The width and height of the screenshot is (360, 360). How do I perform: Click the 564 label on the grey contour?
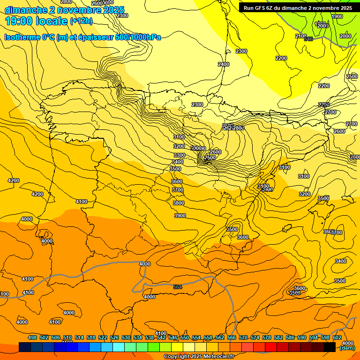(x=178, y=287)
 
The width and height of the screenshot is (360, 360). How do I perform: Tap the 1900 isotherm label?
(x=337, y=16)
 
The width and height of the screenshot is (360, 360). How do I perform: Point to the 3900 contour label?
(x=180, y=216)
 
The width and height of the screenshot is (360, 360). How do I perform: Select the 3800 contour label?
(x=179, y=203)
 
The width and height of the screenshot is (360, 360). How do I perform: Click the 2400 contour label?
(x=224, y=64)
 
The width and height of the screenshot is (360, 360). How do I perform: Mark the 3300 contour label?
(x=179, y=155)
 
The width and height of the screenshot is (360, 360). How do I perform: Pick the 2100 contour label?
(x=300, y=36)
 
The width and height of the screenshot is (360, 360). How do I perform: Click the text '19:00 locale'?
(x=36, y=21)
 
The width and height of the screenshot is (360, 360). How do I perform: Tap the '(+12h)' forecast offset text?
(x=81, y=21)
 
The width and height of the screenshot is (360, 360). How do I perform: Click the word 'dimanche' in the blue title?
(x=25, y=10)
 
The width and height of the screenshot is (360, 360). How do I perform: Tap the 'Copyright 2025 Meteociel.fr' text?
(x=199, y=357)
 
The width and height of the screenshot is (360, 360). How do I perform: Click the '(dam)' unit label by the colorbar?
(x=347, y=348)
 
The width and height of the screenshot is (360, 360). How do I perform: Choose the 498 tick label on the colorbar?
(x=32, y=337)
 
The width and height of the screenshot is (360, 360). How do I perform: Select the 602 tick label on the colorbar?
(x=337, y=337)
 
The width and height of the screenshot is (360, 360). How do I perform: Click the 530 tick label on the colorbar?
(x=126, y=337)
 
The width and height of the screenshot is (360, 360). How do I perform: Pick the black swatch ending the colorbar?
(x=330, y=347)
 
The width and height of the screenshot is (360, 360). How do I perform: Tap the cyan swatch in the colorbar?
(x=119, y=347)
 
